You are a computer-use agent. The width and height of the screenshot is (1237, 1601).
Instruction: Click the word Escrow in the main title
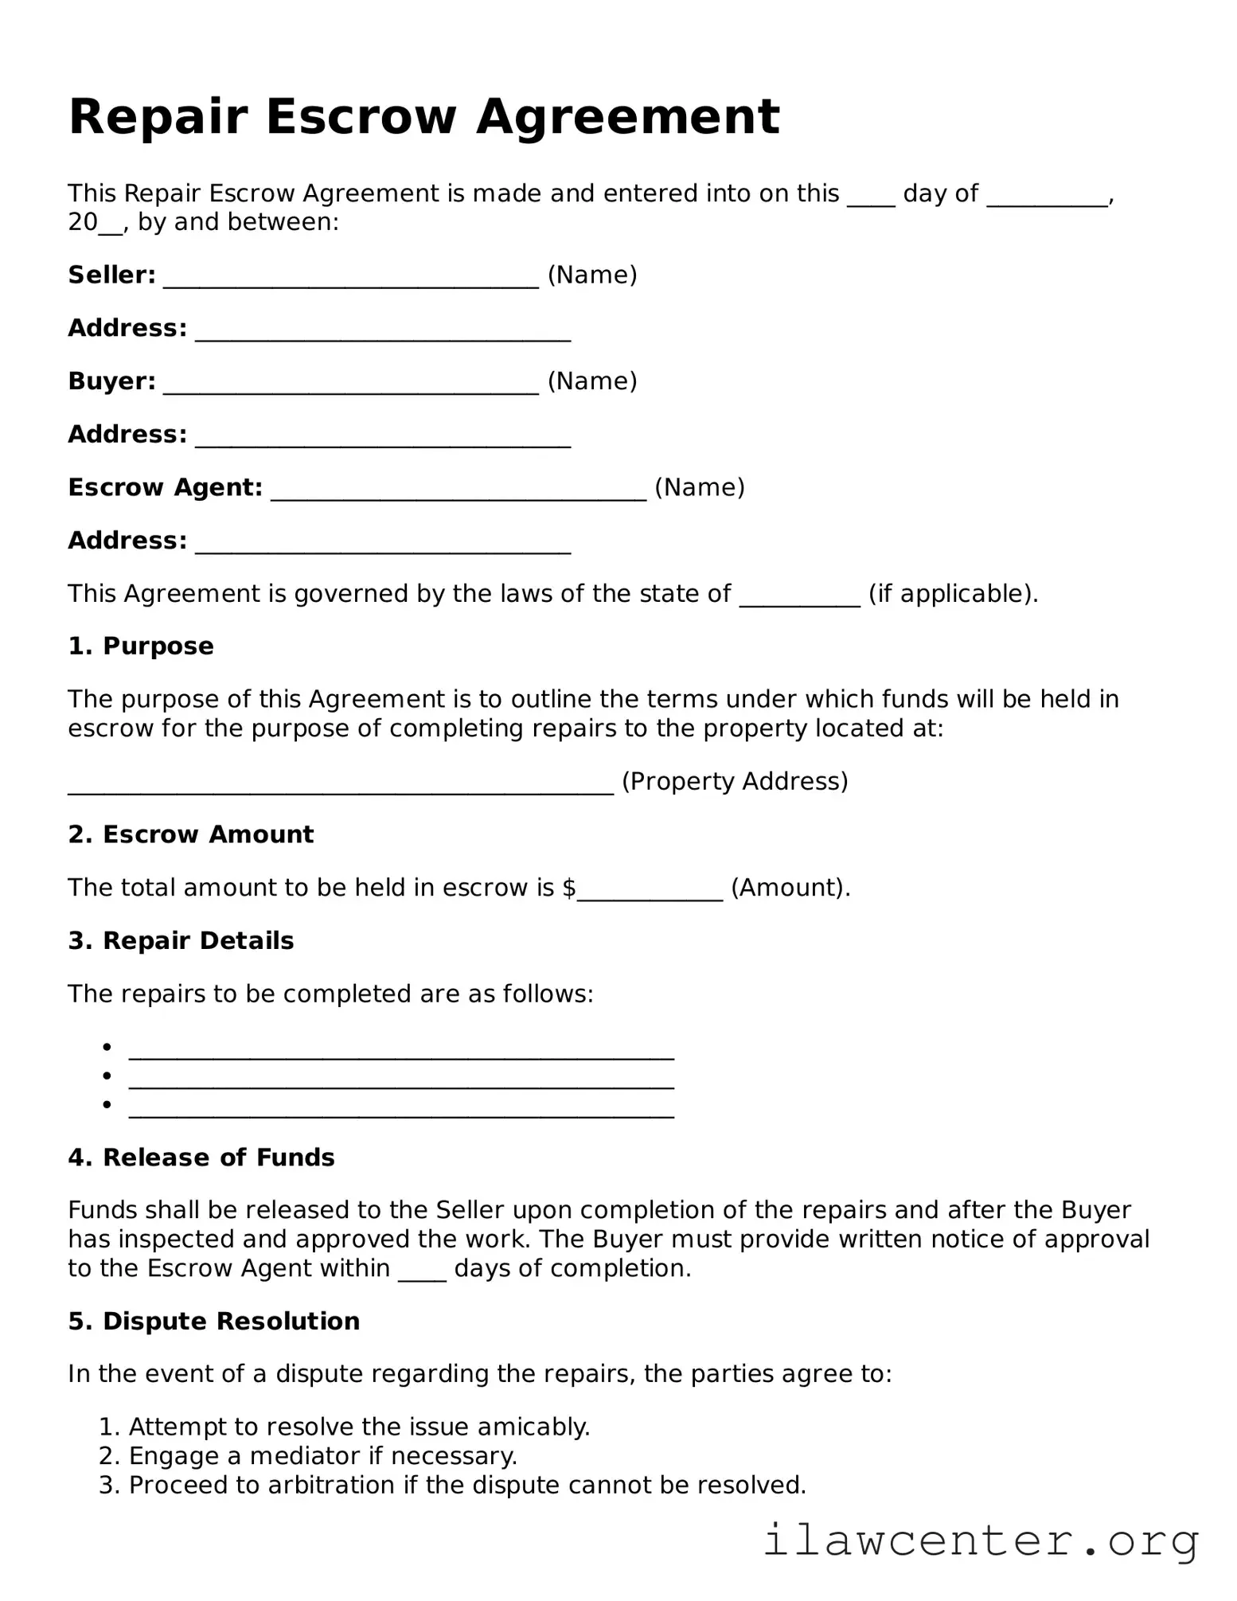[x=361, y=118]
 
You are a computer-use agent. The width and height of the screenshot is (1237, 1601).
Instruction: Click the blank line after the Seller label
[x=351, y=279]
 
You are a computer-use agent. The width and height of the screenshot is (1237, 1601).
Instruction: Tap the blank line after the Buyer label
[x=351, y=385]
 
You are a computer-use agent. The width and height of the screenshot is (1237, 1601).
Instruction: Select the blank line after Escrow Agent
[x=459, y=491]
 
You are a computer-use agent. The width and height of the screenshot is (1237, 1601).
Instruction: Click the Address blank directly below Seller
[x=383, y=332]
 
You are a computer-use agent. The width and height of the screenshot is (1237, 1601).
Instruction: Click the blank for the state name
[x=800, y=597]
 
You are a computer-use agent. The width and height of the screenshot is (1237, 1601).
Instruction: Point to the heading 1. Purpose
[x=141, y=646]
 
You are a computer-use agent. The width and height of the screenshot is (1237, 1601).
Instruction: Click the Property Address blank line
[x=341, y=785]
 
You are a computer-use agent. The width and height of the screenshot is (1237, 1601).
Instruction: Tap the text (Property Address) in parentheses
[x=734, y=781]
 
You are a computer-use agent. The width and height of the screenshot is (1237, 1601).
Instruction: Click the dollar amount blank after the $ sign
[x=650, y=892]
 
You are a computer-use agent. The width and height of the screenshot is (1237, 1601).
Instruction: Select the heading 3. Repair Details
[x=181, y=940]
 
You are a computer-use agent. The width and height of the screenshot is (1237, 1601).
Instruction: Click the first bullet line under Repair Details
[x=401, y=1051]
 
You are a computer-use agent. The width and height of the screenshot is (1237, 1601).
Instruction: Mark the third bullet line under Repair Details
[x=401, y=1109]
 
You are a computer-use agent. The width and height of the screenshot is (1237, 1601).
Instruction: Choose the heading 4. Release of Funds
[x=201, y=1157]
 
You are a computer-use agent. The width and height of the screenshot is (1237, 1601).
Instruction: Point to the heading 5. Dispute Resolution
[x=213, y=1321]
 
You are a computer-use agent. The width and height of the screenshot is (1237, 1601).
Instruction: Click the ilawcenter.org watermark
[x=981, y=1541]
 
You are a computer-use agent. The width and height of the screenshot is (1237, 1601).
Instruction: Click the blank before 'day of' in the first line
[x=871, y=197]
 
